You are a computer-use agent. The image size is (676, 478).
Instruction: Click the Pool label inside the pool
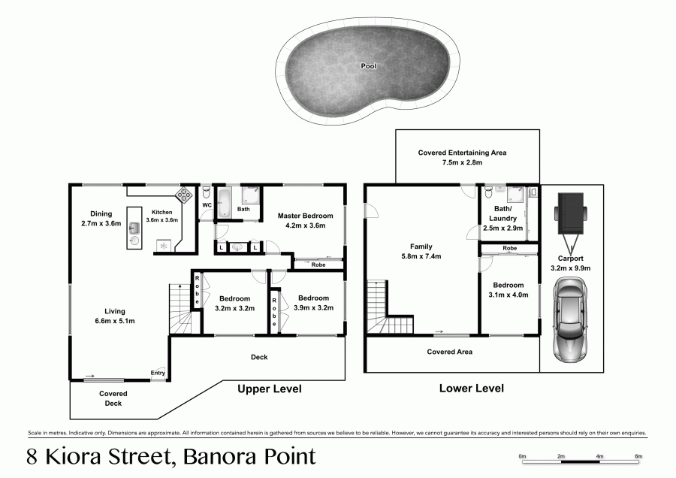368,66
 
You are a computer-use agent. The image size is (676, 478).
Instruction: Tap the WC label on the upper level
207,204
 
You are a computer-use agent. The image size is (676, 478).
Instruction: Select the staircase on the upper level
180,310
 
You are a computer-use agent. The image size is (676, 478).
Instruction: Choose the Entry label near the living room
158,373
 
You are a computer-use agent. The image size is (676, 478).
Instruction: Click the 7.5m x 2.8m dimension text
462,162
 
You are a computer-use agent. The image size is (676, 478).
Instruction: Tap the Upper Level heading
270,389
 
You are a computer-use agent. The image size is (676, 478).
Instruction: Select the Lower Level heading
472,389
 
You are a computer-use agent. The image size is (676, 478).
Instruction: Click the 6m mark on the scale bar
638,456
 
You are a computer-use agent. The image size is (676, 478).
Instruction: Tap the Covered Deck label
113,398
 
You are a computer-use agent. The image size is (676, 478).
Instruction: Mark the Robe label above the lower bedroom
510,247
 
